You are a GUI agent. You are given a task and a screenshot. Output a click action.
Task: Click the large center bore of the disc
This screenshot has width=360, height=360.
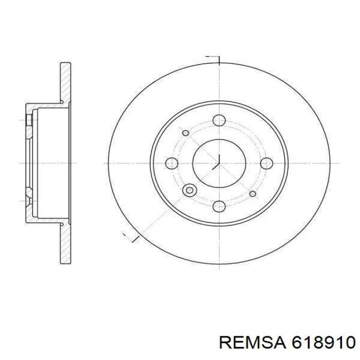(219, 163)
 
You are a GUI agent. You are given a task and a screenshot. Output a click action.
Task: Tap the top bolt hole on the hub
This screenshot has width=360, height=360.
(219, 120)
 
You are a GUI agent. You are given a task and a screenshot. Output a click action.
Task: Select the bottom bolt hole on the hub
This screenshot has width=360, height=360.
(219, 206)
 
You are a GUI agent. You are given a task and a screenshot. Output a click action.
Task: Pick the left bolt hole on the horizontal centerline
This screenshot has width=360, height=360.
(172, 163)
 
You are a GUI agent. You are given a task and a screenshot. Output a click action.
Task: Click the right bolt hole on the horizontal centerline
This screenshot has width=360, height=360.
(266, 163)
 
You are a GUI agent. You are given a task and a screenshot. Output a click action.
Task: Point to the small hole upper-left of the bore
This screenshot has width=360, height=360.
(186, 133)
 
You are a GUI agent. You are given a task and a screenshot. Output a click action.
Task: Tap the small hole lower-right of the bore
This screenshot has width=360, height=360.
(253, 194)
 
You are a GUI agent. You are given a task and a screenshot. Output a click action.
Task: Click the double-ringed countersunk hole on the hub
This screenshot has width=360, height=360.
(190, 190)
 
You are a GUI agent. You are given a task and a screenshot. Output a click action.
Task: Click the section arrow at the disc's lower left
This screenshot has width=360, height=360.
(131, 238)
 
